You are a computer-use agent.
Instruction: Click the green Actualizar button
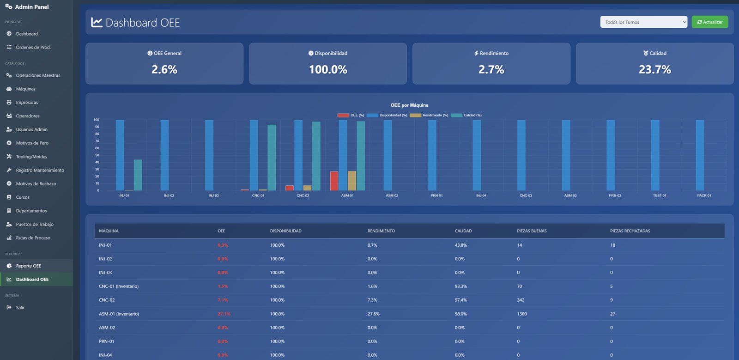click(709, 22)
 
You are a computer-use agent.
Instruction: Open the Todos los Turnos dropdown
click(643, 22)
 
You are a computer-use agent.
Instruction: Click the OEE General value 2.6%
click(164, 70)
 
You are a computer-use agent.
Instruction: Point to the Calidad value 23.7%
click(654, 70)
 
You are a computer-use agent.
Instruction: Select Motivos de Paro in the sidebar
click(32, 143)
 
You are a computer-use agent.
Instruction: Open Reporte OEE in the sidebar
click(28, 266)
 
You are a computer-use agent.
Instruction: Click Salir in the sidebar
click(20, 307)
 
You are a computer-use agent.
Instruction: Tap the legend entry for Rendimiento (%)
click(429, 115)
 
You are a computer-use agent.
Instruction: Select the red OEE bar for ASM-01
click(334, 181)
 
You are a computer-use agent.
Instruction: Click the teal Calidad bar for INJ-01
click(138, 175)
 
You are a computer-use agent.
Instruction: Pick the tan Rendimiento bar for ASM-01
click(352, 181)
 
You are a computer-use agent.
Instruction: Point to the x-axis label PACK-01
click(704, 195)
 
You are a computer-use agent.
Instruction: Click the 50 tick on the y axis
click(97, 155)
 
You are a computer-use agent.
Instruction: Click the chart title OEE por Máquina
click(409, 105)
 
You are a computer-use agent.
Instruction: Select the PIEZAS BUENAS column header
click(532, 231)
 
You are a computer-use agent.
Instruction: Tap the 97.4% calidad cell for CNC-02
click(460, 300)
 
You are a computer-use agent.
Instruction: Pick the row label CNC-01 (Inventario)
click(119, 287)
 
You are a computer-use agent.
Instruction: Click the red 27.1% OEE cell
click(224, 314)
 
